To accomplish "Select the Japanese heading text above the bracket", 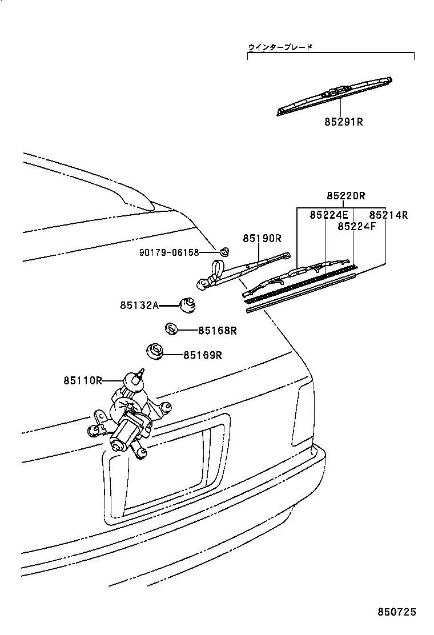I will tap(280, 47).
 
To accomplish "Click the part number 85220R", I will tap(346, 196).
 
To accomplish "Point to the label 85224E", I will tap(329, 215).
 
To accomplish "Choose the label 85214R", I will tap(388, 215).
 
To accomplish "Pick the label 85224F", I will tap(356, 226).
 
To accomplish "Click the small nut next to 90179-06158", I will tap(224, 251).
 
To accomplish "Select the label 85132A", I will tap(139, 305).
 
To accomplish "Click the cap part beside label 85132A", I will tap(187, 305).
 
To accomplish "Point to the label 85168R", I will tap(218, 330).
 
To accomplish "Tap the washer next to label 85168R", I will tap(171, 329).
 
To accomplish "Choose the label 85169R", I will tap(202, 355).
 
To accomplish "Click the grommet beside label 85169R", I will tap(155, 351).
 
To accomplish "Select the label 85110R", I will tap(83, 380).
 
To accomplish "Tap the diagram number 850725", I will tap(396, 612).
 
